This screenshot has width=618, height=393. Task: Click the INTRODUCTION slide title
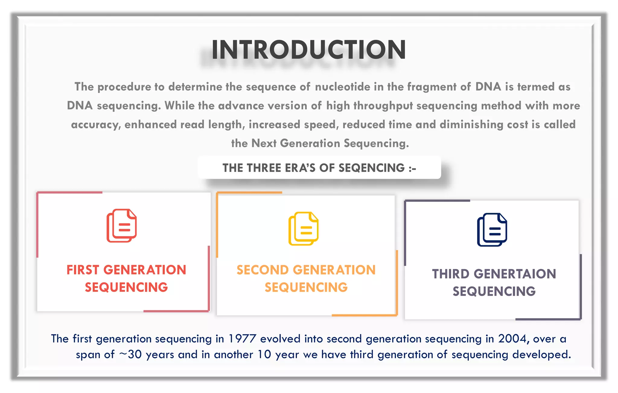tap(309, 50)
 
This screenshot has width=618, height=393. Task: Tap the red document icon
tap(122, 226)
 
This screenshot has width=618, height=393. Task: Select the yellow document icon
tap(303, 229)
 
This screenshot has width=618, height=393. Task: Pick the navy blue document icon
tap(492, 230)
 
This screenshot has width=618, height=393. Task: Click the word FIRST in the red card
tap(83, 270)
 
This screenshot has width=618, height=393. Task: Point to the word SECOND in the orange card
tap(263, 270)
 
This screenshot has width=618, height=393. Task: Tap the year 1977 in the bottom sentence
tap(242, 339)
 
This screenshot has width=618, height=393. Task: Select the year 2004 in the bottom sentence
tap(513, 339)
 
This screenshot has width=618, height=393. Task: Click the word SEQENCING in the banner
tap(371, 168)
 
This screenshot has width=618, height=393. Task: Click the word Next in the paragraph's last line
tap(264, 143)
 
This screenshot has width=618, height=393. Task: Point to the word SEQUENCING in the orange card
tap(306, 287)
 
